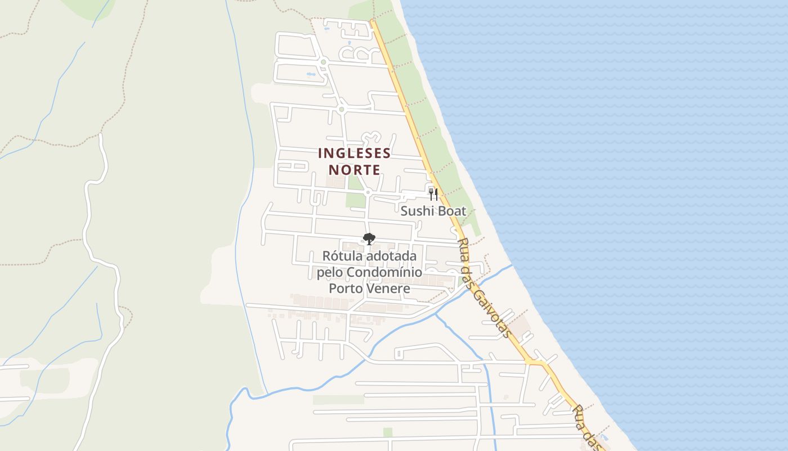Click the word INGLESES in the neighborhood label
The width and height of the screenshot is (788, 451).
(x=354, y=153)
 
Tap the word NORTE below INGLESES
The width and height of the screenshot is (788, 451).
(x=354, y=170)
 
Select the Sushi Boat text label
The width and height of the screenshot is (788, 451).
(x=433, y=211)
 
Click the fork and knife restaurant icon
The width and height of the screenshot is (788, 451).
(x=433, y=194)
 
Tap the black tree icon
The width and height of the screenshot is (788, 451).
(x=369, y=240)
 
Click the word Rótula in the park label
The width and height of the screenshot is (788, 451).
(x=342, y=256)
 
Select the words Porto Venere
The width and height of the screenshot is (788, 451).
(x=369, y=289)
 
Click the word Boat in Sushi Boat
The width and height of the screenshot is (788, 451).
(x=451, y=211)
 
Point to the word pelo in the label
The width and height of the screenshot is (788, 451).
(x=329, y=273)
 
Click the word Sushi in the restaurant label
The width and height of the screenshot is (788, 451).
(x=417, y=211)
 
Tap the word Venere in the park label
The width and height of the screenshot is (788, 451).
(x=388, y=289)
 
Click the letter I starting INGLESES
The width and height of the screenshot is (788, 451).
(x=320, y=153)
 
